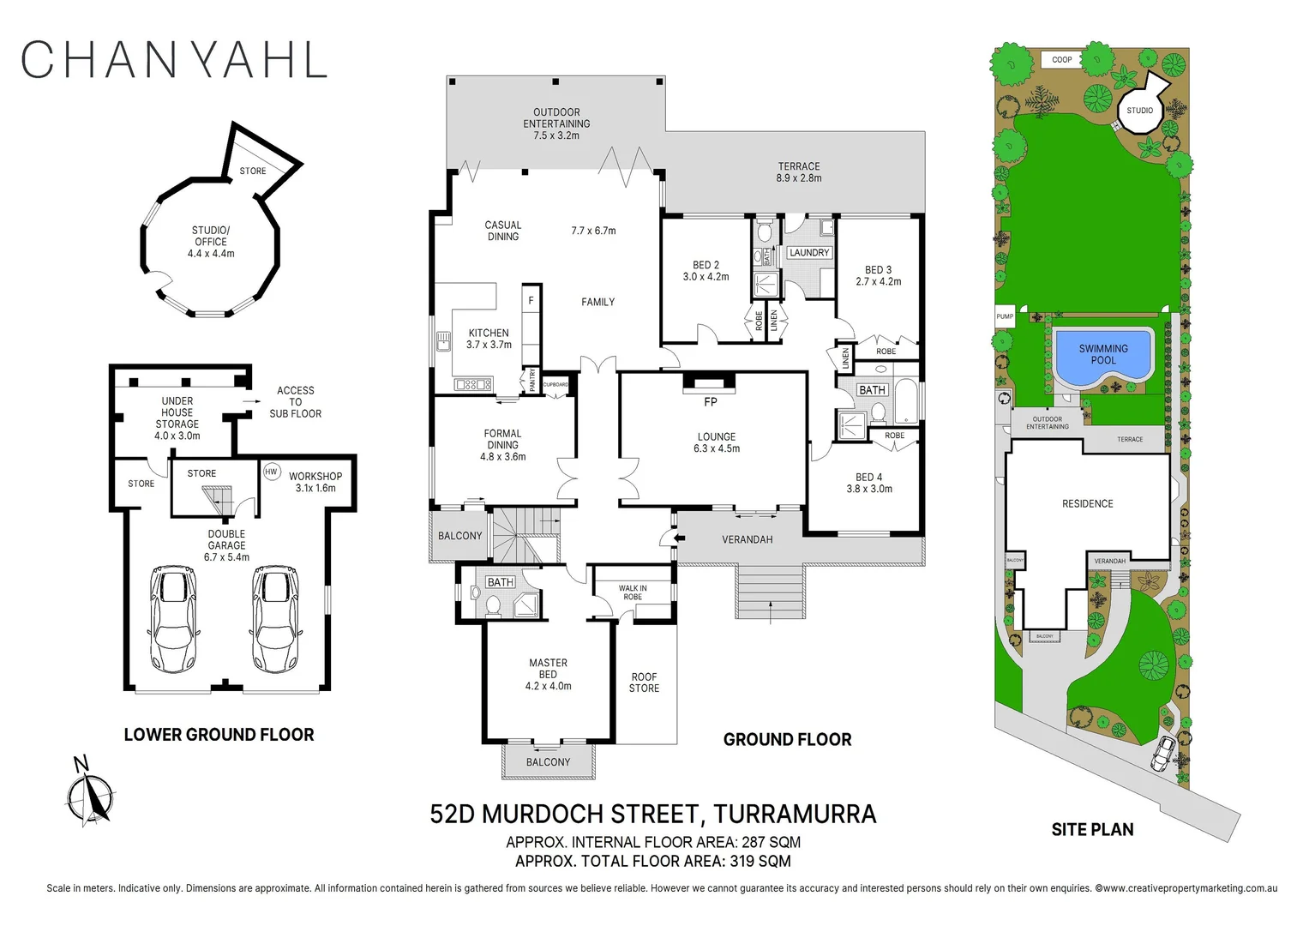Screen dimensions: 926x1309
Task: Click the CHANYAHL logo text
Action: tap(174, 60)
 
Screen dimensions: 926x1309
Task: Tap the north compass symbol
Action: tap(89, 795)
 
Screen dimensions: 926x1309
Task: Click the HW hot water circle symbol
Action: tap(272, 472)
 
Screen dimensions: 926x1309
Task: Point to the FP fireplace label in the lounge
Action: tap(710, 401)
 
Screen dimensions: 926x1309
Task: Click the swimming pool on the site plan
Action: tap(1103, 354)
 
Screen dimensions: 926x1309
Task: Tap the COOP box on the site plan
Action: tap(1061, 60)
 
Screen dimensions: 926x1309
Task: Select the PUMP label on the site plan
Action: tap(1005, 316)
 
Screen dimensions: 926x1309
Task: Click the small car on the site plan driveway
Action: tap(1163, 752)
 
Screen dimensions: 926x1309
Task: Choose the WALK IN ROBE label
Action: tap(633, 592)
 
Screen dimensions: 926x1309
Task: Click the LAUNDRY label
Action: tap(809, 253)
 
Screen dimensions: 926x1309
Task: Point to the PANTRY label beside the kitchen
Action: tap(532, 379)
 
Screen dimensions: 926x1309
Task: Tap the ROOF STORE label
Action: tap(645, 682)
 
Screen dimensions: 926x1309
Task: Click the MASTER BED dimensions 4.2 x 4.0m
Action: tap(549, 686)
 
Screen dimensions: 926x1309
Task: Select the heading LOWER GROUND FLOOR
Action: tap(219, 735)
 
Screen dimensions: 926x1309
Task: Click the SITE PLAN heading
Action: tap(1092, 829)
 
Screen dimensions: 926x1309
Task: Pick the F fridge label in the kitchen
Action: tap(531, 301)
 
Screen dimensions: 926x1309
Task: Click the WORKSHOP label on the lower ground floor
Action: tap(315, 476)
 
